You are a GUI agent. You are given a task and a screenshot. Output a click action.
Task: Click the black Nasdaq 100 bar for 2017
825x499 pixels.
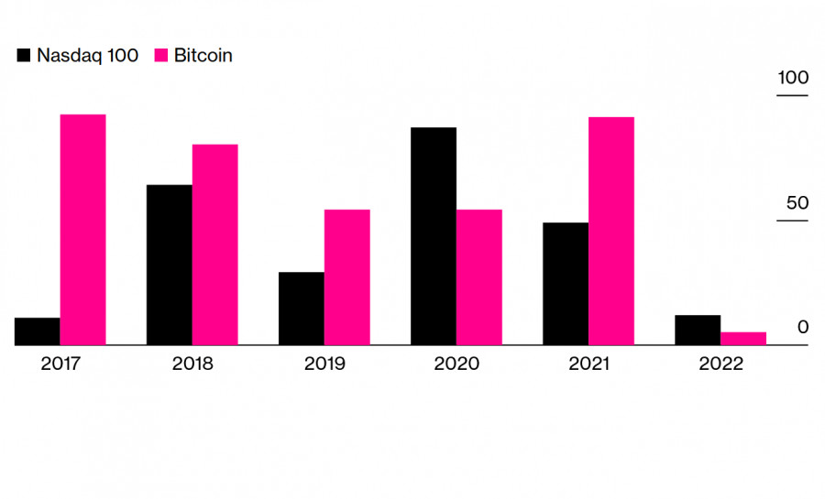tap(38, 331)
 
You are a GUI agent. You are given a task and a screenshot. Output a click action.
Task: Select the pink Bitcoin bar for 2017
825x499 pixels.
tap(83, 230)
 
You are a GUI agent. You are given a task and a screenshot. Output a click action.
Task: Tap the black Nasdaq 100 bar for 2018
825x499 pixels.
tap(170, 265)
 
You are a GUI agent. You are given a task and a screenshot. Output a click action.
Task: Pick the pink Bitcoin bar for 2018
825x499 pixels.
tap(215, 244)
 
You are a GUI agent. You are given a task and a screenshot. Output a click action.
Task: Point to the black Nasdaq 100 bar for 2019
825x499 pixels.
tap(302, 309)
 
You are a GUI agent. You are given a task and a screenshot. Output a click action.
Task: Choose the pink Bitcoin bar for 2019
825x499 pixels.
tap(347, 277)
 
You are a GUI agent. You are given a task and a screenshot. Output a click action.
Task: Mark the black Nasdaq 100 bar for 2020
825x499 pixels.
tap(434, 236)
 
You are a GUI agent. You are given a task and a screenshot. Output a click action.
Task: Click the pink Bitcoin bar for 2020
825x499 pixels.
tap(479, 277)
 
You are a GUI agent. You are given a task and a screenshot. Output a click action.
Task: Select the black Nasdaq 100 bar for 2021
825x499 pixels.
tap(566, 284)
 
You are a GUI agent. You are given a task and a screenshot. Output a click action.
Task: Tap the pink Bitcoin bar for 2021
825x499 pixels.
tap(611, 231)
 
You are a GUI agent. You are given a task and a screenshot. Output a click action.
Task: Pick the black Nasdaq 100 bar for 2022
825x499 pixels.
tap(698, 331)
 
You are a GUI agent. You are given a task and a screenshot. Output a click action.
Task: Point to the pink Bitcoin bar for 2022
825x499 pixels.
tap(743, 339)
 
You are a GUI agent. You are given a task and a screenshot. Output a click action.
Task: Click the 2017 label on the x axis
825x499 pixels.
tap(60, 363)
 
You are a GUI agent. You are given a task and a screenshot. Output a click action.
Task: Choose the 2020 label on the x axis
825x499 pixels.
tap(456, 363)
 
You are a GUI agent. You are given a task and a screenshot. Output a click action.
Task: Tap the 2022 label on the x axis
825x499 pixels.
tap(720, 363)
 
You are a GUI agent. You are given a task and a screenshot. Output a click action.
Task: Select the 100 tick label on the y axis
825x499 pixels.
tap(793, 79)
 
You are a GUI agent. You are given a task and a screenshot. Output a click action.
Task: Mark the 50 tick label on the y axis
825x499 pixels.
tap(797, 203)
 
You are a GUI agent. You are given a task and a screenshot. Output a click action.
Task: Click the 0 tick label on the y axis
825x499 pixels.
tap(803, 328)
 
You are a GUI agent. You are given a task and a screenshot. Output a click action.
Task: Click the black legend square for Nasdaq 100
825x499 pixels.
tap(24, 56)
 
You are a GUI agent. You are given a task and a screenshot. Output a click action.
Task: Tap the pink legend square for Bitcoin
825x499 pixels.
tap(160, 56)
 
